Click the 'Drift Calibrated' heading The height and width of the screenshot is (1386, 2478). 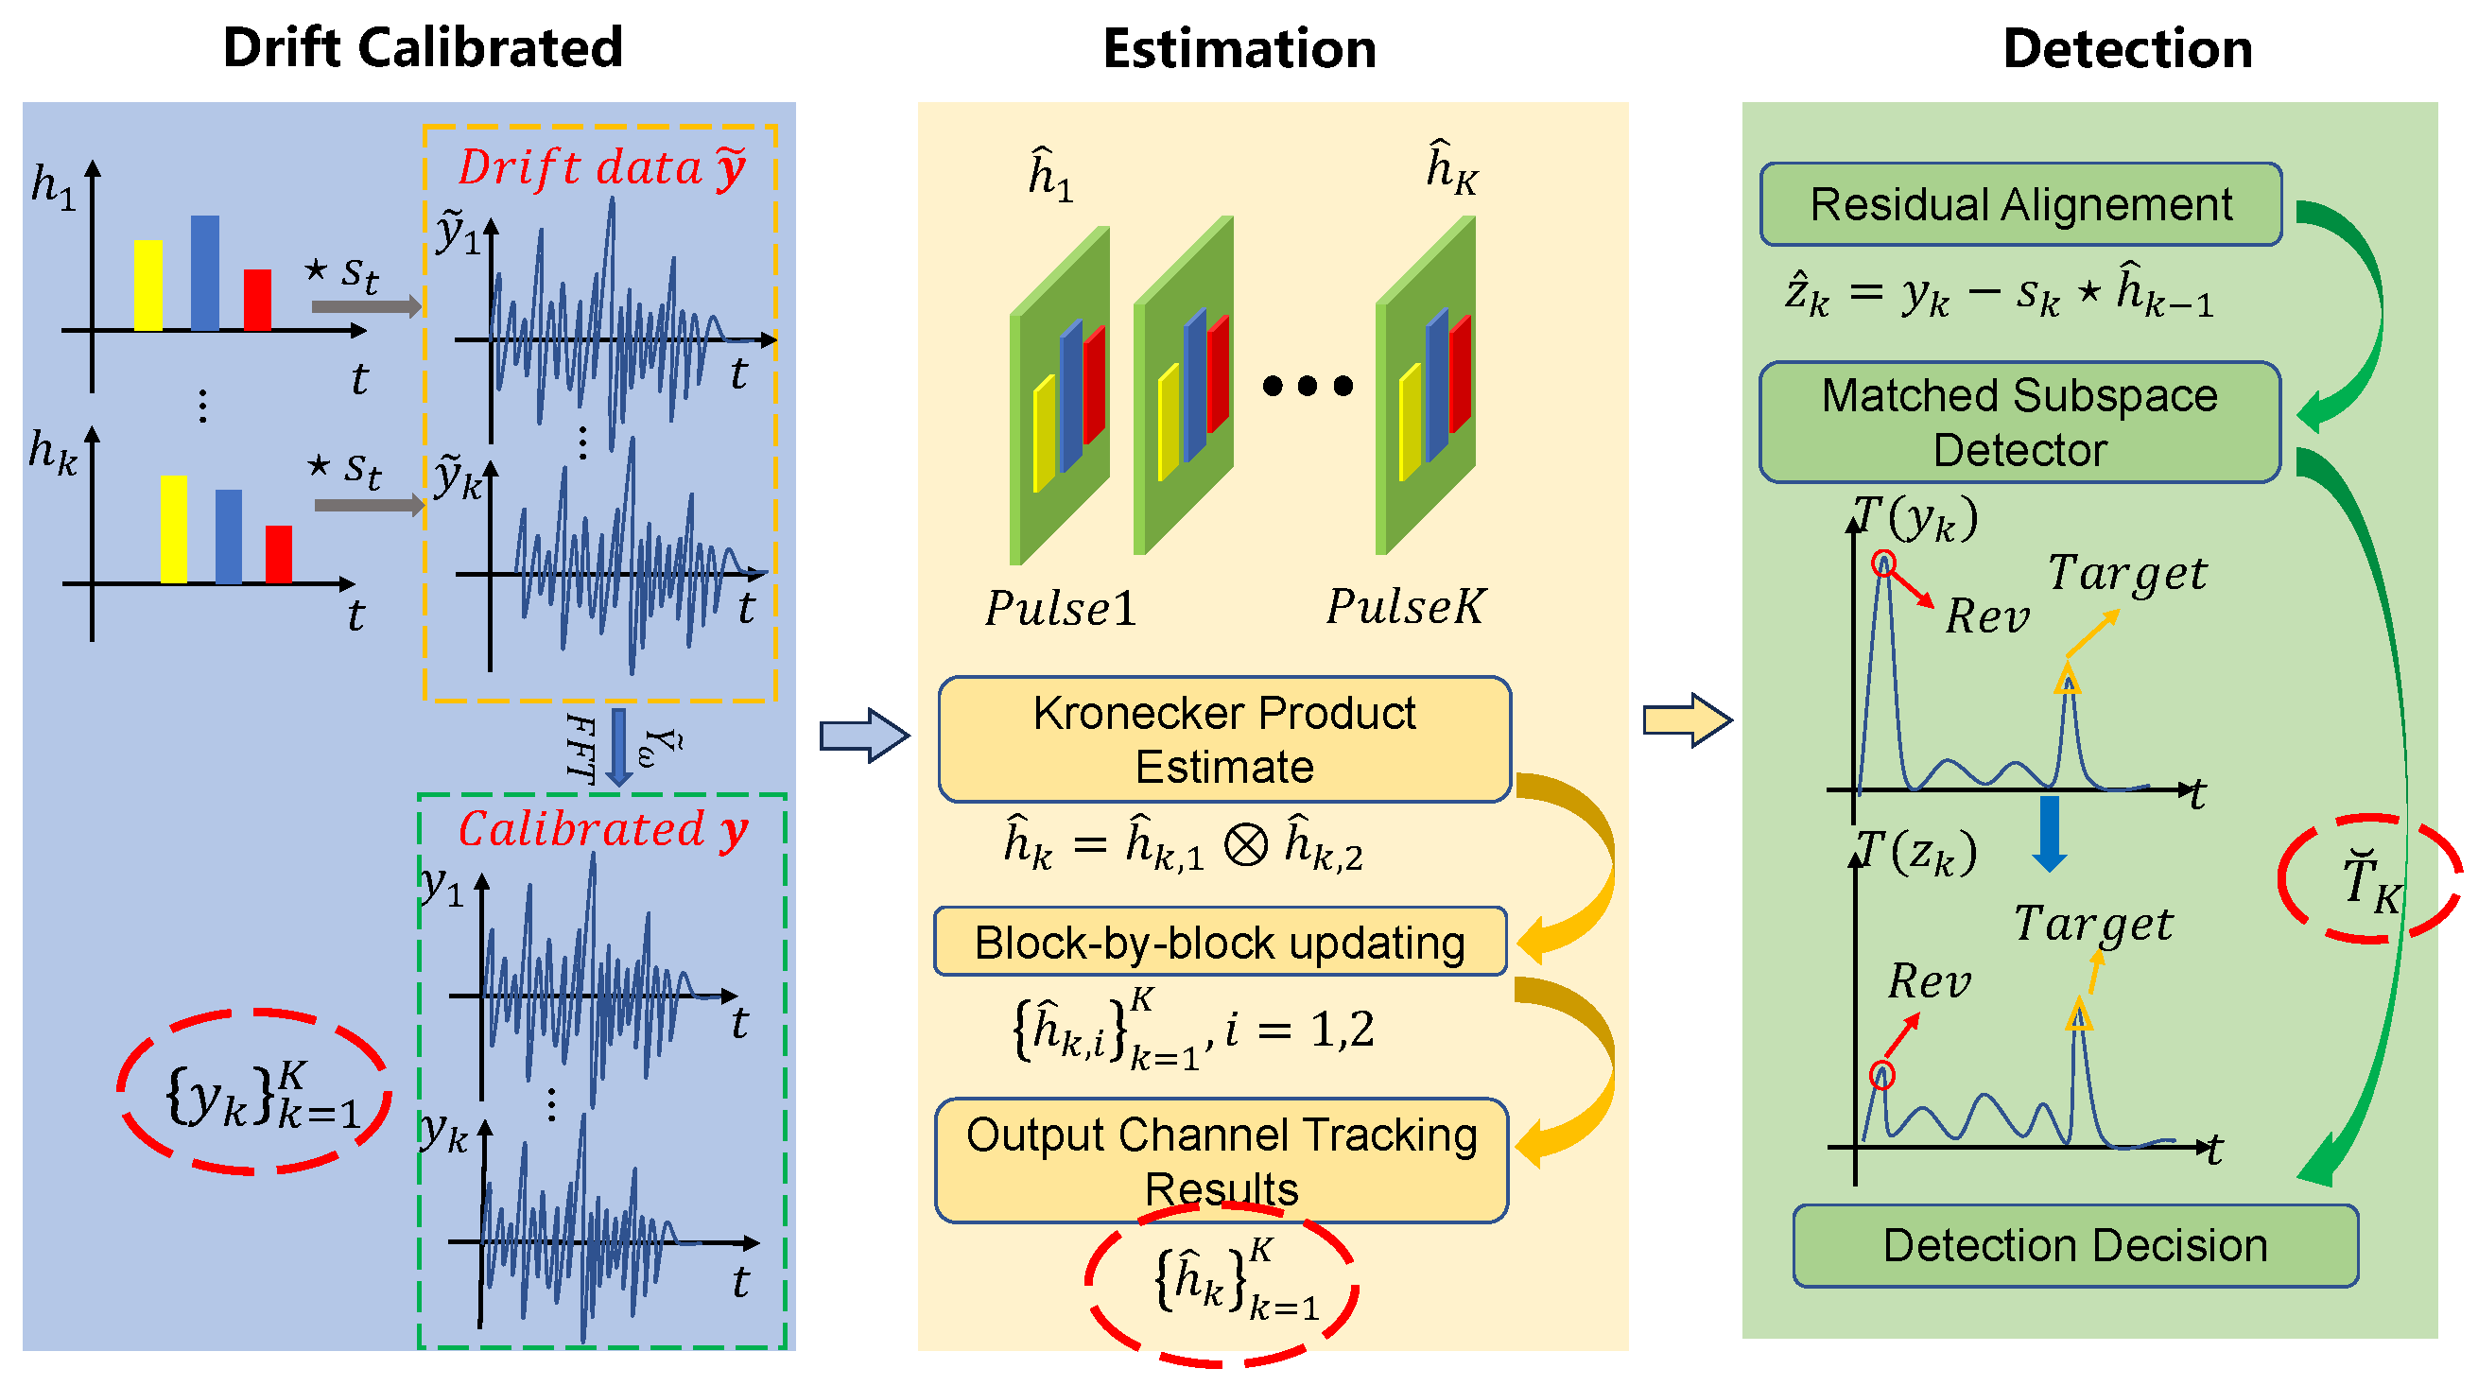tap(423, 47)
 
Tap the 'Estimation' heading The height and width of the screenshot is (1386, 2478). tap(1239, 48)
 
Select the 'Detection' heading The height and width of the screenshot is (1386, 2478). tap(2127, 48)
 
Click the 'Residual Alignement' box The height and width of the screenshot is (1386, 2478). tap(2020, 204)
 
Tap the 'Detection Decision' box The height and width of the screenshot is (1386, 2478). tap(2075, 1244)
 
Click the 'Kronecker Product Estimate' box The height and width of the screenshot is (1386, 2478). tap(1223, 738)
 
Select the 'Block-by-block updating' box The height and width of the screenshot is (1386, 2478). tap(1220, 942)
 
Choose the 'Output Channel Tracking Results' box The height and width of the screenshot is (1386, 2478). tap(1221, 1160)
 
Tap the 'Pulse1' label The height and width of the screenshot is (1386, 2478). tap(1060, 608)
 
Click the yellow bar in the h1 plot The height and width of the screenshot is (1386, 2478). tap(148, 285)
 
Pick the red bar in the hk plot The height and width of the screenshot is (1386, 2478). tap(278, 554)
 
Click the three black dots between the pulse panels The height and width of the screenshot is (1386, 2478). tap(1308, 386)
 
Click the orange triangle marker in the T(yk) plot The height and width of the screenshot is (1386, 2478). tap(2068, 681)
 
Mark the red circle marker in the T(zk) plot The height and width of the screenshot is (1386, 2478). tap(1882, 1074)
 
